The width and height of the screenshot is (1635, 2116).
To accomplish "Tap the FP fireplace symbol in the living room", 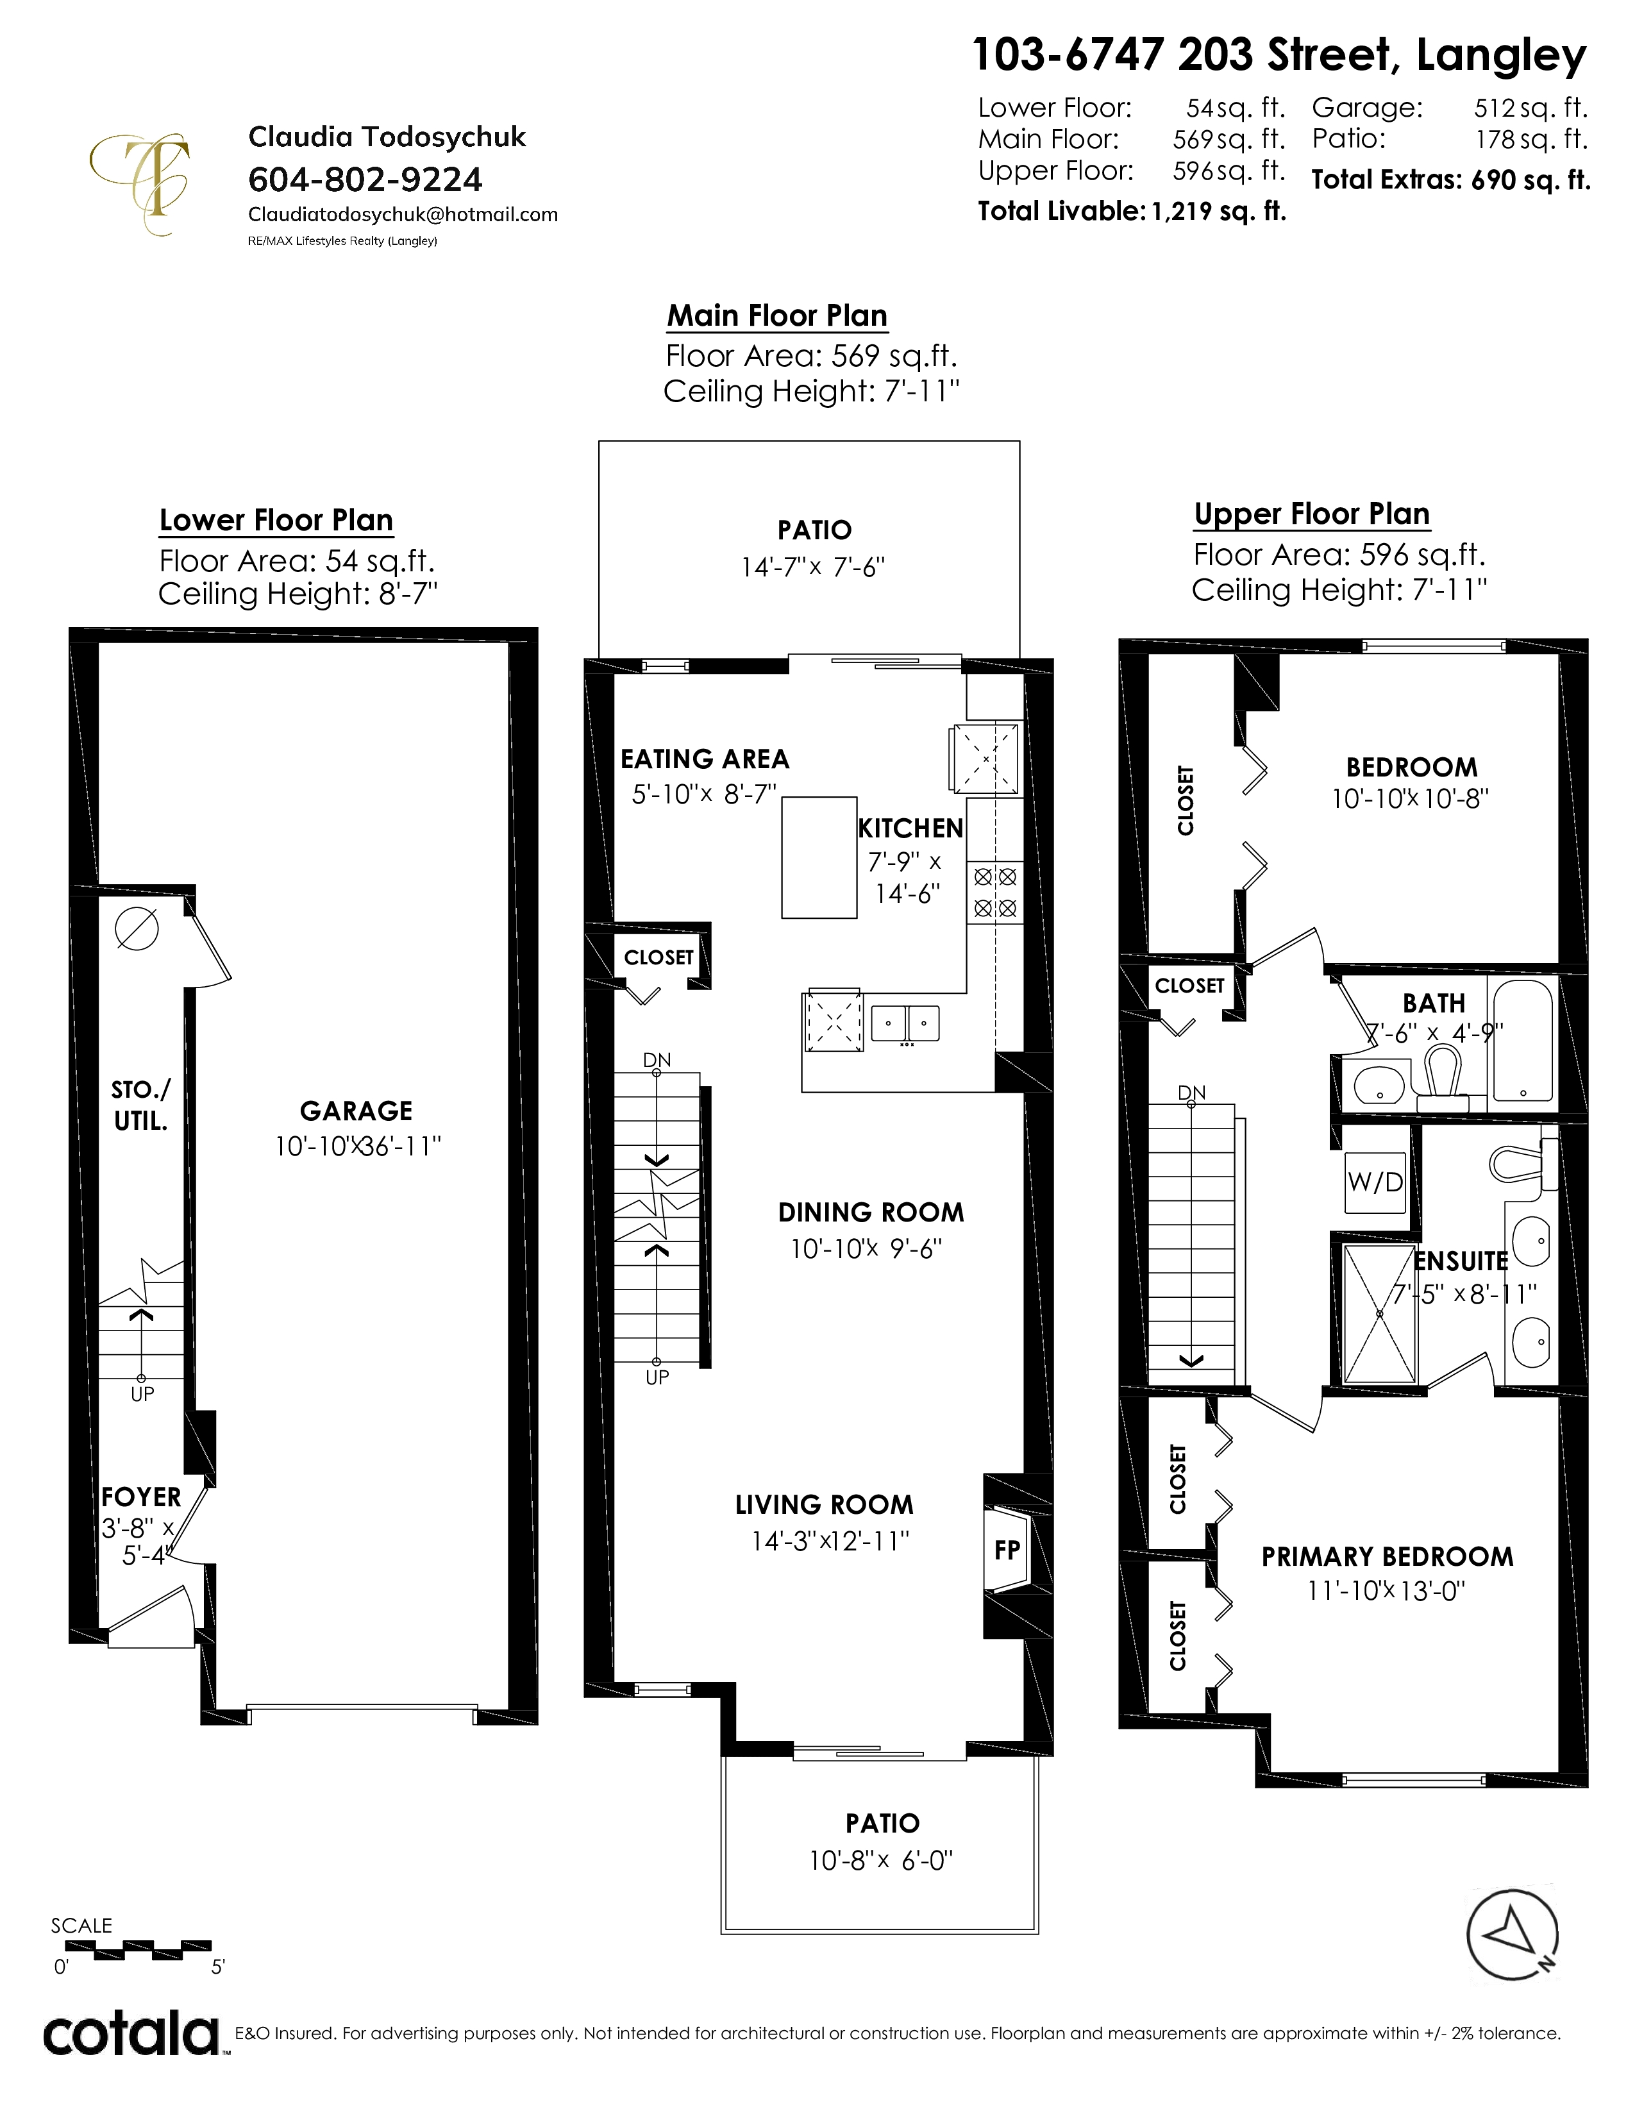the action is (x=1007, y=1550).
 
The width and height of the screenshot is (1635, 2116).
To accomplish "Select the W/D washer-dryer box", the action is (x=1375, y=1182).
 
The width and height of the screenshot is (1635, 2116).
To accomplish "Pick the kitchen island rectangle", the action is (x=819, y=857).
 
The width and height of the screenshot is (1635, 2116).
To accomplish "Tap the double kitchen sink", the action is (x=905, y=1023).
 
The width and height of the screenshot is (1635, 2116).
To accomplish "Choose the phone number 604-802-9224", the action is (x=365, y=180).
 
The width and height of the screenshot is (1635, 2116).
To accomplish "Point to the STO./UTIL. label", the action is (x=140, y=1105).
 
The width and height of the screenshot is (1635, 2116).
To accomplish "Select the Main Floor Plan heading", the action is (x=777, y=316).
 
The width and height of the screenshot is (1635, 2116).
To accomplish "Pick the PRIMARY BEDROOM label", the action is (x=1387, y=1557).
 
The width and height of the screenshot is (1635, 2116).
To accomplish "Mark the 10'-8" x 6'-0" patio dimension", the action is (x=882, y=1861).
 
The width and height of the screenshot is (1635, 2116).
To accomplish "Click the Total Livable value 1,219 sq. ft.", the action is (x=1218, y=211).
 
